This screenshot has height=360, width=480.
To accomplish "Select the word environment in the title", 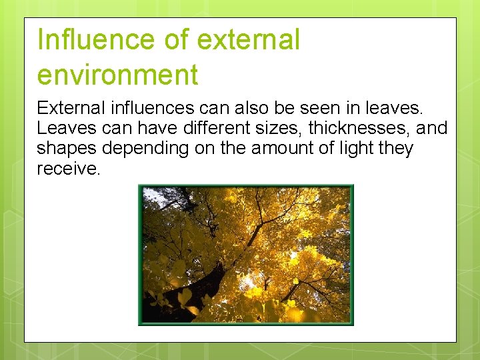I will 117,75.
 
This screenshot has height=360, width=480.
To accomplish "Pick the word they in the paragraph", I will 396,149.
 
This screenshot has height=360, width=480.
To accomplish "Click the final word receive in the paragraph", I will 67,169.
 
